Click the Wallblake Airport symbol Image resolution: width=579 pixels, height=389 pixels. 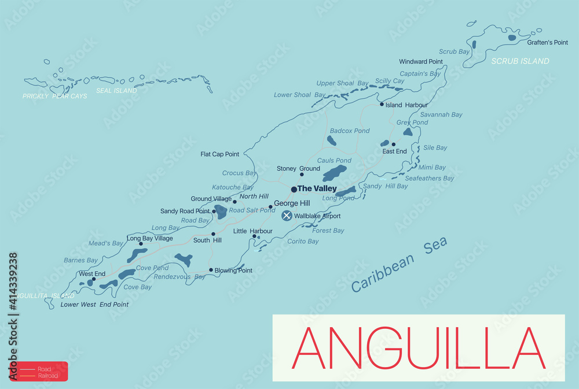[287, 216]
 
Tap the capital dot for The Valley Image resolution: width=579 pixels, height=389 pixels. [294, 189]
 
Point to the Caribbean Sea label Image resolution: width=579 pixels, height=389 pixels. [400, 265]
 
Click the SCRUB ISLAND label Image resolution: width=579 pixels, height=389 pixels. [520, 61]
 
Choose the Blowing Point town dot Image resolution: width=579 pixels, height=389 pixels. [211, 270]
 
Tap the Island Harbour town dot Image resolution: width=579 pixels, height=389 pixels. [382, 105]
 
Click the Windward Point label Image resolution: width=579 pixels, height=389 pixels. [421, 62]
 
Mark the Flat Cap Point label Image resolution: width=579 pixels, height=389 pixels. [220, 154]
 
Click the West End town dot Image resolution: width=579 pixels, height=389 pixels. [94, 279]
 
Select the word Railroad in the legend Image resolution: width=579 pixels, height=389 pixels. [47, 376]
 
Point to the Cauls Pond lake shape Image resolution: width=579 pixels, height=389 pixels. [334, 173]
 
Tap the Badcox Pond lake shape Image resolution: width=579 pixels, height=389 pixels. [332, 140]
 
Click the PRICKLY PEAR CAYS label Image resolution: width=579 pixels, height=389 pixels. [55, 96]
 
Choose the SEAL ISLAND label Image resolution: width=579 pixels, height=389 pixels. [116, 91]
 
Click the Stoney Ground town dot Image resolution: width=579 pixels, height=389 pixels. [302, 174]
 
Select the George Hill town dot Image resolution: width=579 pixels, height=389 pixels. [270, 206]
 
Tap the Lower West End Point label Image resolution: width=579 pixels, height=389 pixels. [94, 304]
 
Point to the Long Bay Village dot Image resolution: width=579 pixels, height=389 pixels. [141, 244]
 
